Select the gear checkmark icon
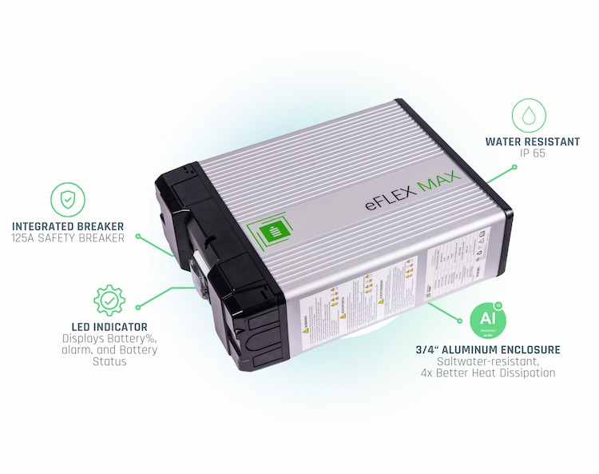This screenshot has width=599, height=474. pyautogui.click(x=109, y=300)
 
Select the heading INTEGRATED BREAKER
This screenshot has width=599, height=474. pyautogui.click(x=68, y=226)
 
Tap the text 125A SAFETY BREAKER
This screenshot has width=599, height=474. pyautogui.click(x=68, y=238)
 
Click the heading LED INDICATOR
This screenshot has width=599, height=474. pyautogui.click(x=109, y=326)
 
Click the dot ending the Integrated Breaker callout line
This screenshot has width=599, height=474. pyautogui.click(x=138, y=237)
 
